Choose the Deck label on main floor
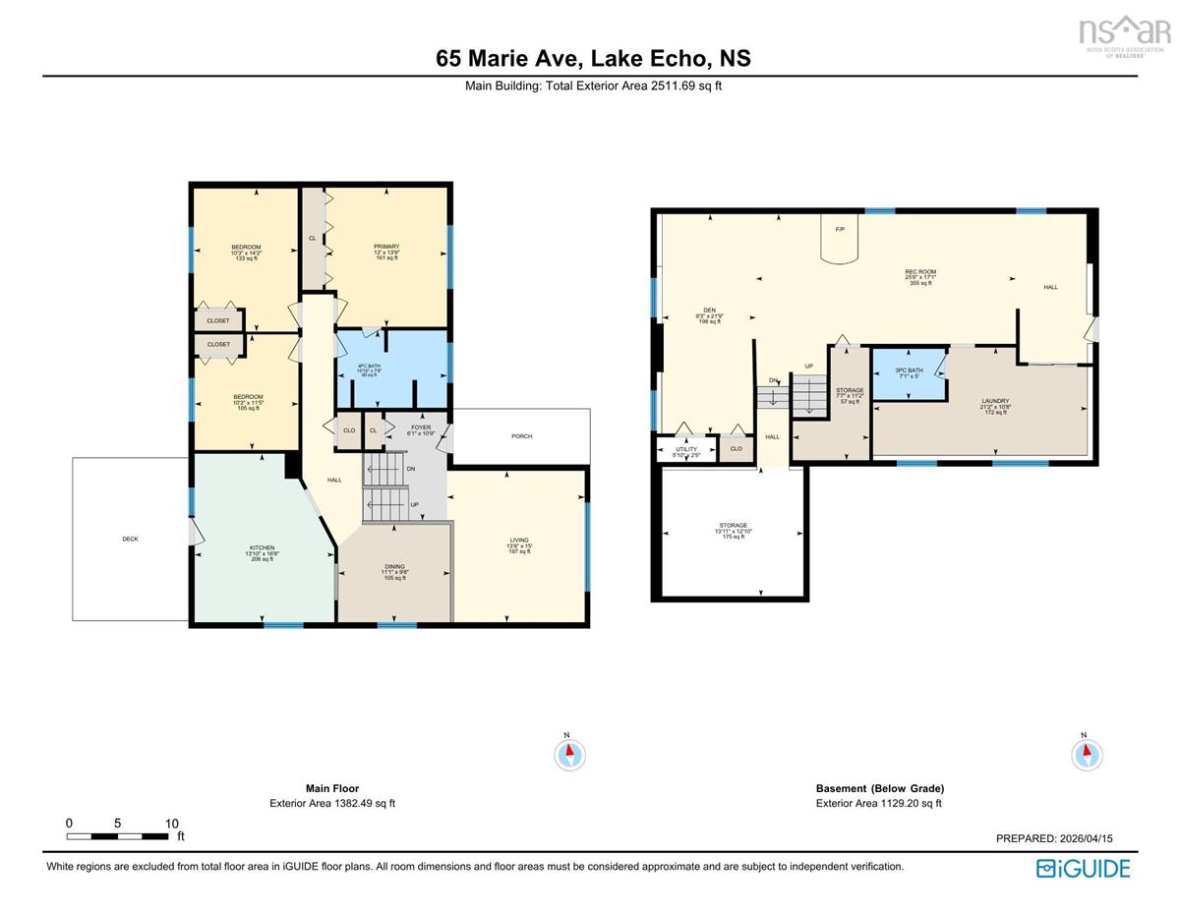[x=130, y=539]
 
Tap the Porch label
[x=521, y=436]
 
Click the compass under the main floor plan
[x=569, y=754]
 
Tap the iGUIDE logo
[x=1083, y=869]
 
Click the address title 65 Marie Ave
[x=593, y=58]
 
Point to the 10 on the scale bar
[x=171, y=824]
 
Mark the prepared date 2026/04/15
[x=1054, y=838]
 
